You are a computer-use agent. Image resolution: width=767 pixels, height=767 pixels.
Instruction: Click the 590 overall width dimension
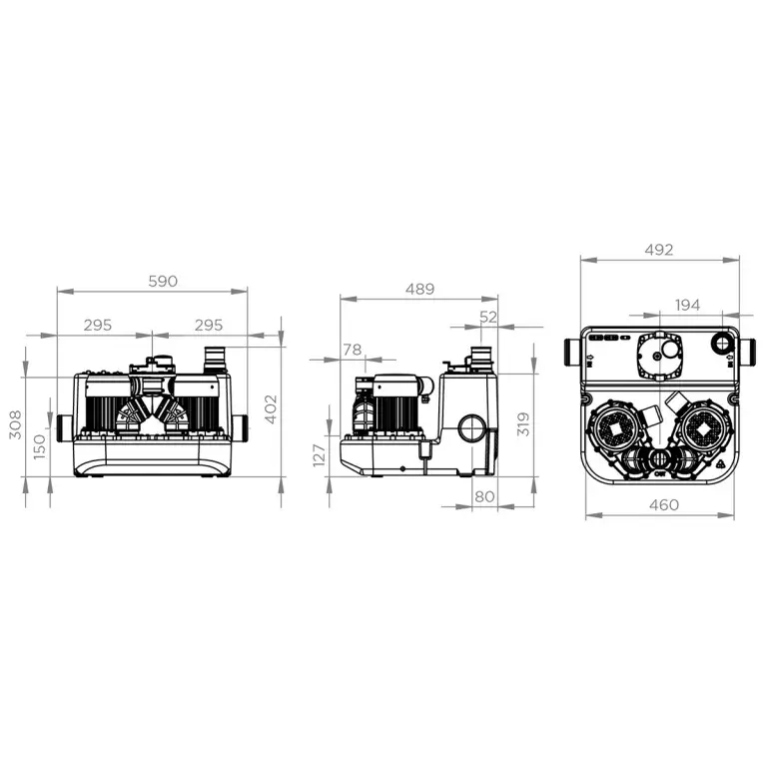(163, 281)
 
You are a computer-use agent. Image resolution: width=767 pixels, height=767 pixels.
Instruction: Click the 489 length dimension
(419, 289)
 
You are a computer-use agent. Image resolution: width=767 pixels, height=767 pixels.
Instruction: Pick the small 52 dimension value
(488, 317)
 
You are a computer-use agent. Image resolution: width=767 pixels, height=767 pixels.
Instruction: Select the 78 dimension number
(353, 349)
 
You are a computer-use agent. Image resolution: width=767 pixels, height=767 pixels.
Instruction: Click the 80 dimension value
(484, 495)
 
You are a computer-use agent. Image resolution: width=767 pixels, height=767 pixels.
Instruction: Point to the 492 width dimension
(659, 250)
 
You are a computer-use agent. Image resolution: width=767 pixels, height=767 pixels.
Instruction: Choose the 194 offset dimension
(686, 305)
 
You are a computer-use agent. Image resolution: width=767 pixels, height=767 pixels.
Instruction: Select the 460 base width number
(662, 504)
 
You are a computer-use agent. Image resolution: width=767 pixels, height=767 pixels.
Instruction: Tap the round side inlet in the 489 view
(470, 430)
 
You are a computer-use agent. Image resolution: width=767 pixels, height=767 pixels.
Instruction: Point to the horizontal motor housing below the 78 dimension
(397, 388)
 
